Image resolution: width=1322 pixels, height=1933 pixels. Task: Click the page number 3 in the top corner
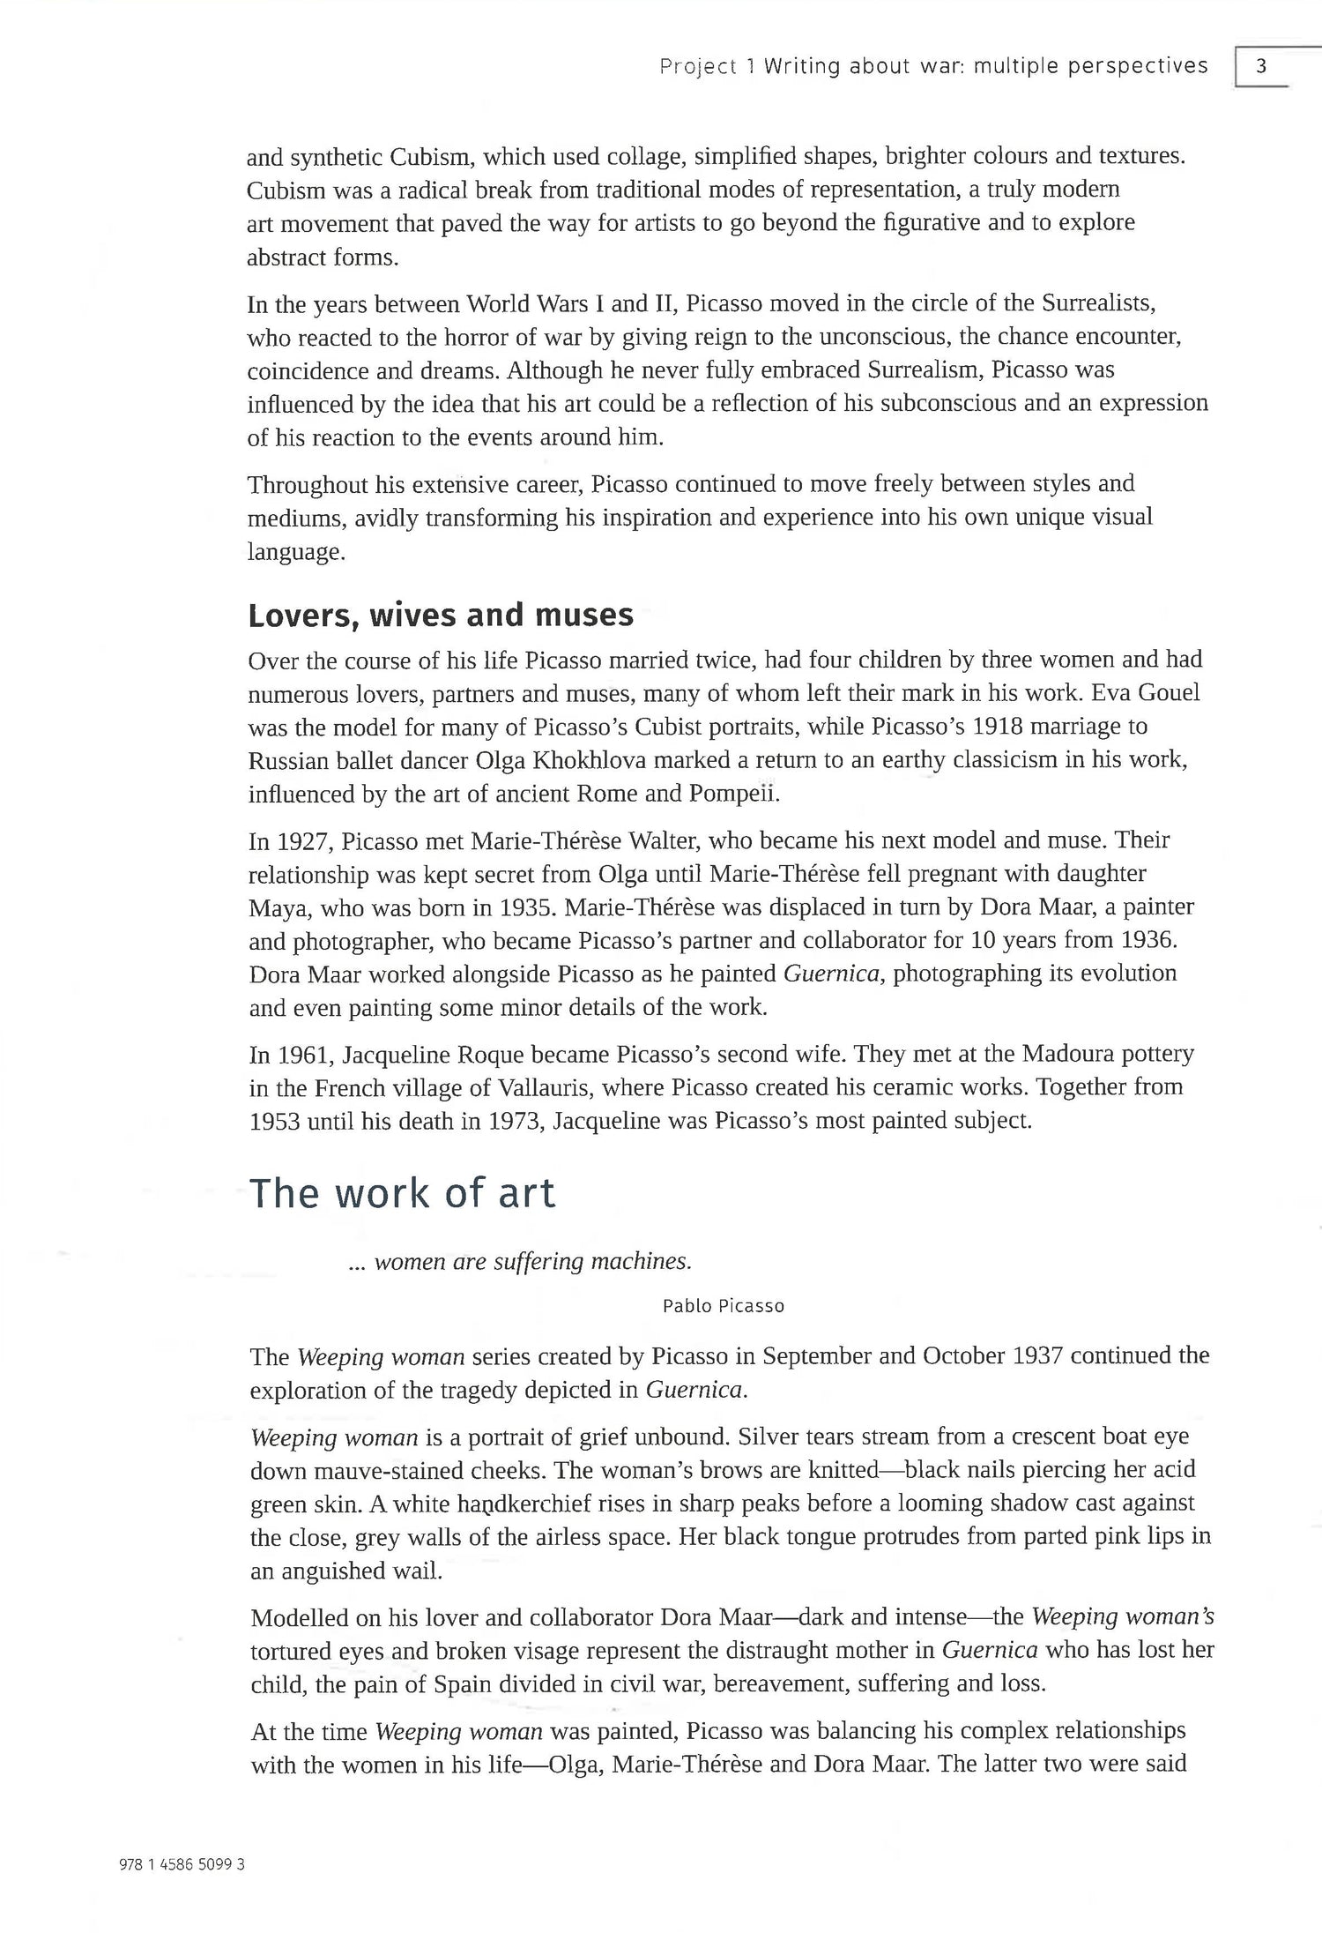tap(1261, 66)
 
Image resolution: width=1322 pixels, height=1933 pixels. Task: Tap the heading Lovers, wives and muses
tap(441, 615)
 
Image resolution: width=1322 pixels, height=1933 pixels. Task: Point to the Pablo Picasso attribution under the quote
tap(723, 1306)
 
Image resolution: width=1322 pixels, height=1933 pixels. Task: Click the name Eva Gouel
tap(1146, 693)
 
